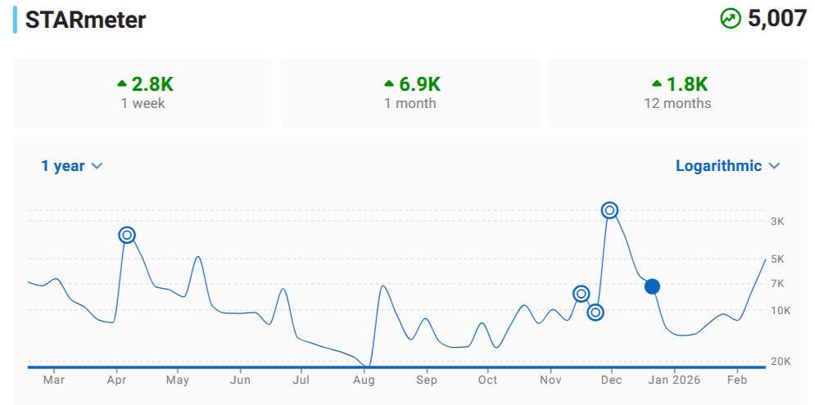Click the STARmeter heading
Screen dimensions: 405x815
coord(85,20)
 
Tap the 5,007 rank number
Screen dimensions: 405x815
coord(777,19)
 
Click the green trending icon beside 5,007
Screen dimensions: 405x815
coord(731,19)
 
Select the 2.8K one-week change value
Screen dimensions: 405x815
coord(152,84)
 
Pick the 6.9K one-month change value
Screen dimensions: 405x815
coord(420,84)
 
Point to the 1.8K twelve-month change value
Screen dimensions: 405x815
coord(687,84)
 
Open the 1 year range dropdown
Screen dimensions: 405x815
coord(72,166)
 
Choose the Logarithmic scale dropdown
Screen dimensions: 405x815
coord(727,166)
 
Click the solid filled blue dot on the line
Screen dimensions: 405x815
coord(652,286)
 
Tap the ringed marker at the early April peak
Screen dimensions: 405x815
coord(127,235)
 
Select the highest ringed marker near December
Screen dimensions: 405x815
coord(609,210)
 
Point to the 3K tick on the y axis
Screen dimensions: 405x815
coord(777,222)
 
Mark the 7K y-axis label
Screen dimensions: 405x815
coord(777,284)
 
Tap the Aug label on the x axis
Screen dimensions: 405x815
coord(364,380)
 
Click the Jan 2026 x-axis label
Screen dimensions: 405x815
coord(674,380)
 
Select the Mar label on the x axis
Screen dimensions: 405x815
coord(54,380)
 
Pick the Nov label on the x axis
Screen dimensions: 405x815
coord(551,380)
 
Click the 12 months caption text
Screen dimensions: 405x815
coord(677,104)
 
